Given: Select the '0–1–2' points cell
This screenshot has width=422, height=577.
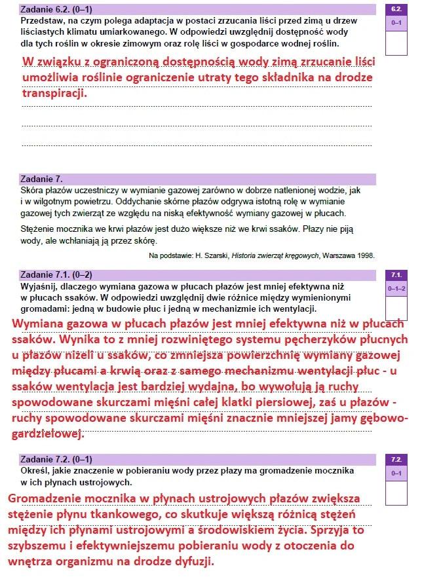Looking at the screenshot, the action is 396,288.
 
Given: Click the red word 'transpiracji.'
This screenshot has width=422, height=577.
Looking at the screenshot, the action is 54,93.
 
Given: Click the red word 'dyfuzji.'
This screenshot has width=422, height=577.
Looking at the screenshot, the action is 192,562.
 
